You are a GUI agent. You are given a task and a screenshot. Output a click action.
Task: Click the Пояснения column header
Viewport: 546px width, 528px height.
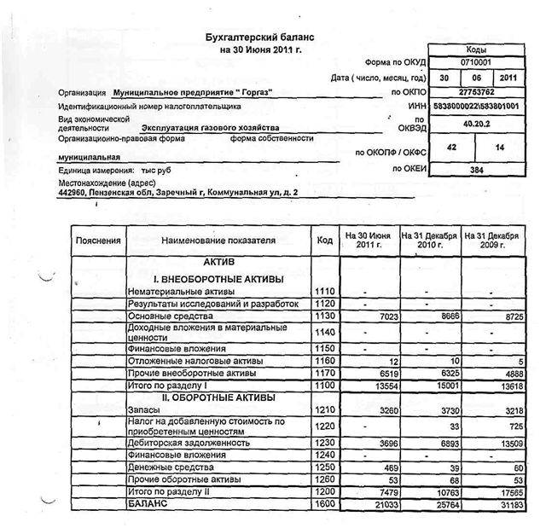[98, 241]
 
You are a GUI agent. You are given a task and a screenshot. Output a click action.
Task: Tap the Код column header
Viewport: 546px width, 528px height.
[324, 241]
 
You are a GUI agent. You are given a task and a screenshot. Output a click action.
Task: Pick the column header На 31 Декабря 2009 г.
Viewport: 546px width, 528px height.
[491, 241]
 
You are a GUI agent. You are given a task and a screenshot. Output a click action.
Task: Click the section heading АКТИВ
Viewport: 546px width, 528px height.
[218, 264]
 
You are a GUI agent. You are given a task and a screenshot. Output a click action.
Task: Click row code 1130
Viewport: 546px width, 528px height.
[324, 316]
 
